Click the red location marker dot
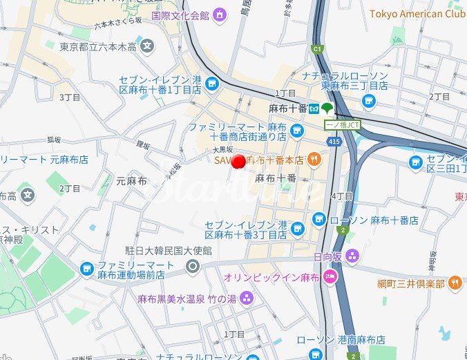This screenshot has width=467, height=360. tap(239, 162)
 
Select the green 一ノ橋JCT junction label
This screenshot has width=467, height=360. tap(343, 124)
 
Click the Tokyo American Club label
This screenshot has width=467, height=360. tap(417, 14)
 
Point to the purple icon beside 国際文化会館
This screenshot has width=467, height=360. tap(220, 15)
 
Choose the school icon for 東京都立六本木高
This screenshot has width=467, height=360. tap(147, 47)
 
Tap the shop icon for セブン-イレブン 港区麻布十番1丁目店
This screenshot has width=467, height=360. tap(211, 84)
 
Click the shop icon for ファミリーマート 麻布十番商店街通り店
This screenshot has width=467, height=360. tap(297, 131)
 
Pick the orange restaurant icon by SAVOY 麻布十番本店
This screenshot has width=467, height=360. tap(314, 160)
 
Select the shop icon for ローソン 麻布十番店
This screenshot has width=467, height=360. tap(318, 220)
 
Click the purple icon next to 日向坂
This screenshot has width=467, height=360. tap(353, 256)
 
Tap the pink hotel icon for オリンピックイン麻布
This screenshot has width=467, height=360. tap(330, 278)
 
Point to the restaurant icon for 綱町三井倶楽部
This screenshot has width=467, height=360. tap(455, 283)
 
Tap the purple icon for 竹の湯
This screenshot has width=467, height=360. tap(247, 299)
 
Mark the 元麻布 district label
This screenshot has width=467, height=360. tap(131, 181)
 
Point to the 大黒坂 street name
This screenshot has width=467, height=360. tap(222, 149)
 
